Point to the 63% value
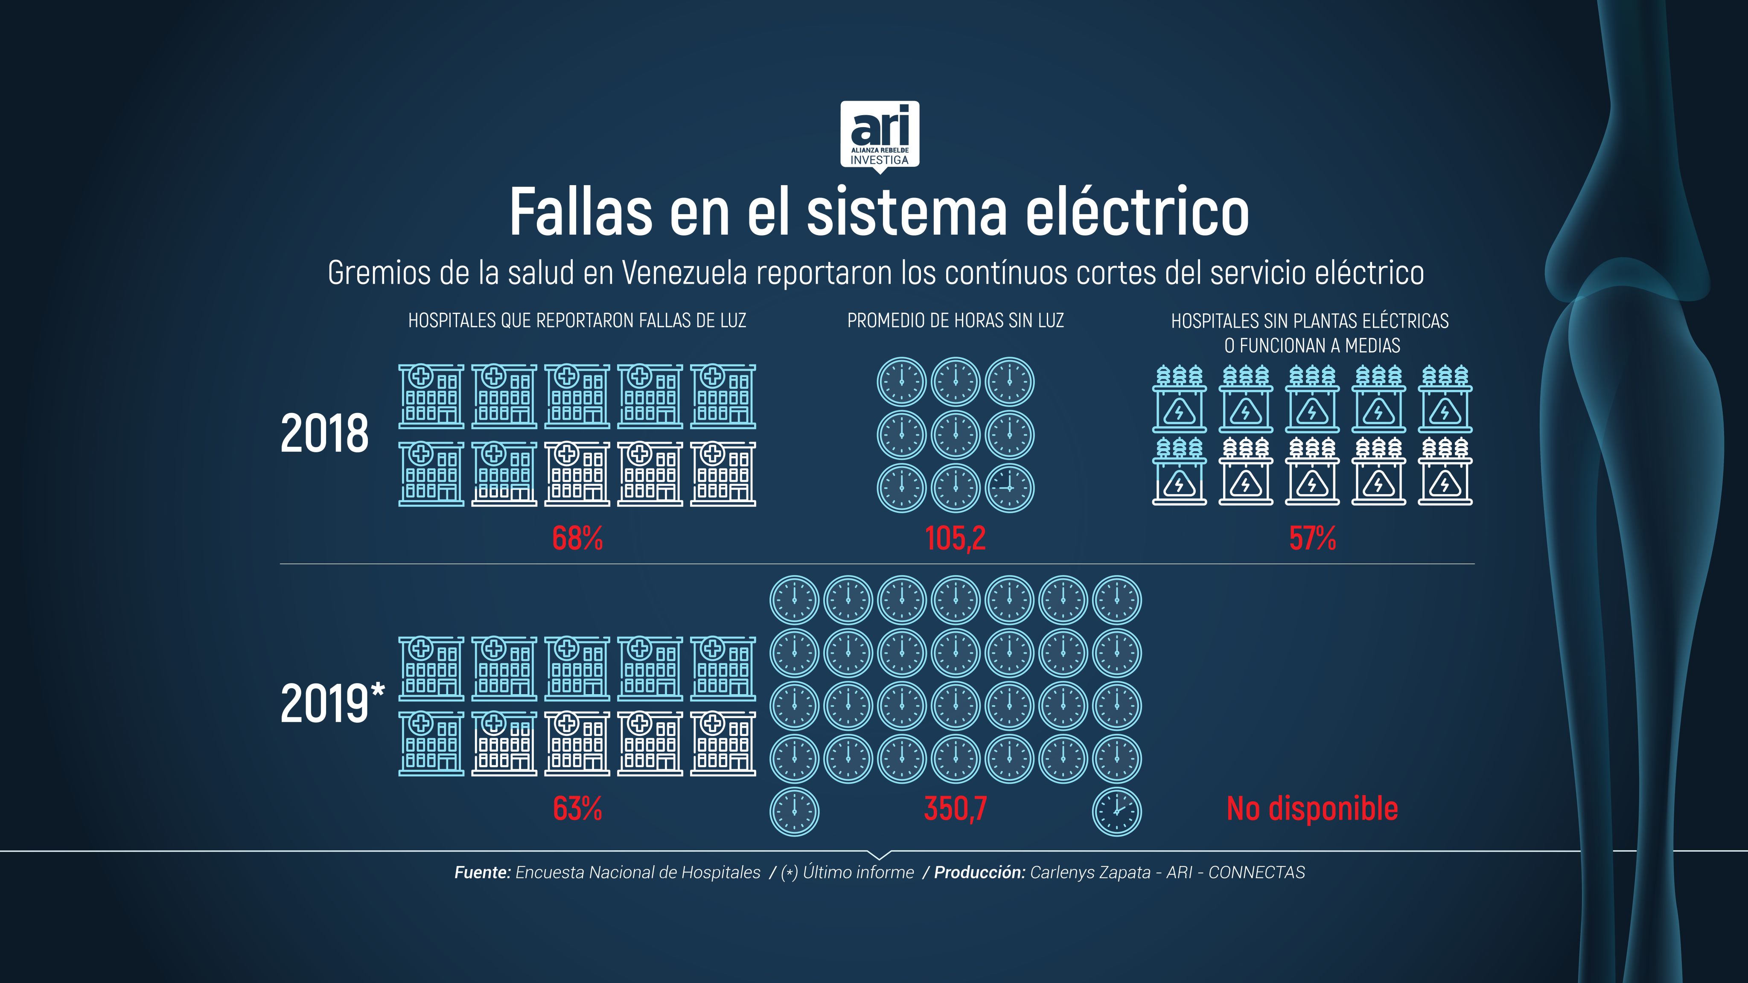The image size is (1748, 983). pyautogui.click(x=577, y=809)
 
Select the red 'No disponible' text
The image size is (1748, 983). pyautogui.click(x=1312, y=809)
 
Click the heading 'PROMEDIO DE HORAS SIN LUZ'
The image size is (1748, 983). pyautogui.click(x=956, y=321)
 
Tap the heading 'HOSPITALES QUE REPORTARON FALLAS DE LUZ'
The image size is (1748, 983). pyautogui.click(x=577, y=321)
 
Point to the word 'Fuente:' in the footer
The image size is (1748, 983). pyautogui.click(x=483, y=872)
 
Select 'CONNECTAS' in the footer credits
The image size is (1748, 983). pyautogui.click(x=1257, y=872)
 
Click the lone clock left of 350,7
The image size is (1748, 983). pyautogui.click(x=795, y=811)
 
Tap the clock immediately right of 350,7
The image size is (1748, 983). pyautogui.click(x=1117, y=811)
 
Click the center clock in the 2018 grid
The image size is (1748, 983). pyautogui.click(x=956, y=435)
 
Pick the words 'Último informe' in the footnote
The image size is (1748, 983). pyautogui.click(x=858, y=872)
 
